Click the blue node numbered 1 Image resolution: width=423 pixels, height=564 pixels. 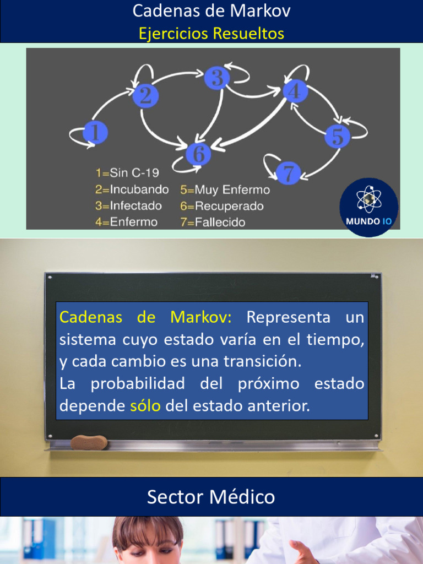95,133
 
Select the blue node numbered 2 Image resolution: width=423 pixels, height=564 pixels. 145,96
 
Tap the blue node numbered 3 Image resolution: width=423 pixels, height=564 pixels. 217,78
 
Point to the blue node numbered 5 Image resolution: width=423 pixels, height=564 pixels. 337,136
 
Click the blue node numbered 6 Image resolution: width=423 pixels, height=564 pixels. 199,154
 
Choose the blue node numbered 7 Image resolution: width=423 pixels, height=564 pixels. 288,173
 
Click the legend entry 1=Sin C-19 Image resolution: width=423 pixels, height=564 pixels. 127,173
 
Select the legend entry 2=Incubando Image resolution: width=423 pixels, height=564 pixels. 132,189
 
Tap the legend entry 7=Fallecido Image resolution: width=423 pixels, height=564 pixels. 213,223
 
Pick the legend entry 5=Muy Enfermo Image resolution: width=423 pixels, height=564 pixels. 225,190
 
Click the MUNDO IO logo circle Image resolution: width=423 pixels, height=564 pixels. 368,207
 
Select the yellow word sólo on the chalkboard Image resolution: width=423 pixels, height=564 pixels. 145,406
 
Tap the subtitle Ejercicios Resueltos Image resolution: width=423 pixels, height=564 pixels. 211,34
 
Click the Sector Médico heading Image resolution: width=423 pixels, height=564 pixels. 211,497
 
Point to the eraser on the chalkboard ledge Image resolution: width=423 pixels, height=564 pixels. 89,442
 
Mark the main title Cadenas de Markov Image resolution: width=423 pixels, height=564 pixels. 211,11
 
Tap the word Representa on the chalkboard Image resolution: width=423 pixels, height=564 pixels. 289,318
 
